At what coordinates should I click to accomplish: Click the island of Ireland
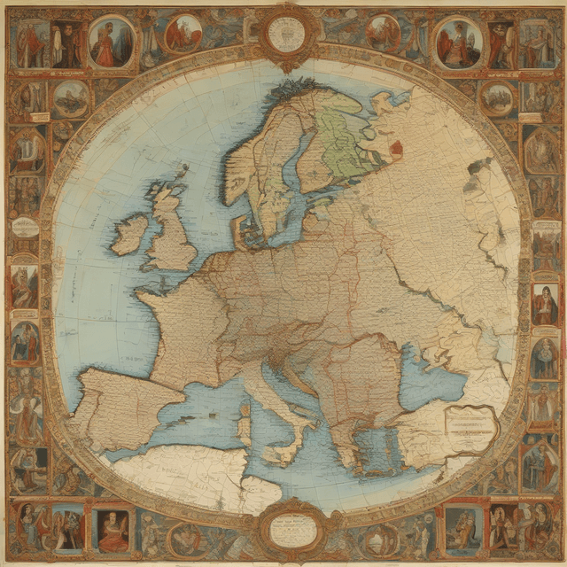click(x=129, y=234)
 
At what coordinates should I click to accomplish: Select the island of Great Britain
click(x=172, y=232)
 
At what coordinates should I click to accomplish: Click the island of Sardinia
click(x=245, y=425)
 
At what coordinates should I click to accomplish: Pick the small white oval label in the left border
click(x=25, y=227)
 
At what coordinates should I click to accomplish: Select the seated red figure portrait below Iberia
click(x=113, y=530)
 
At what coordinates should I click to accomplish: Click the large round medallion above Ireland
click(x=112, y=41)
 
